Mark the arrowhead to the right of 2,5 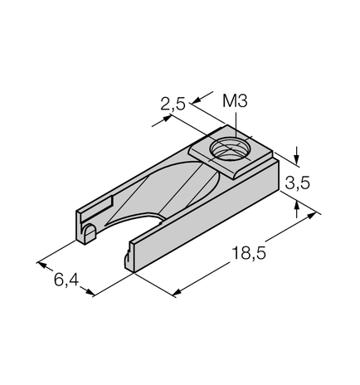196,102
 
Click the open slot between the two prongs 124,232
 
